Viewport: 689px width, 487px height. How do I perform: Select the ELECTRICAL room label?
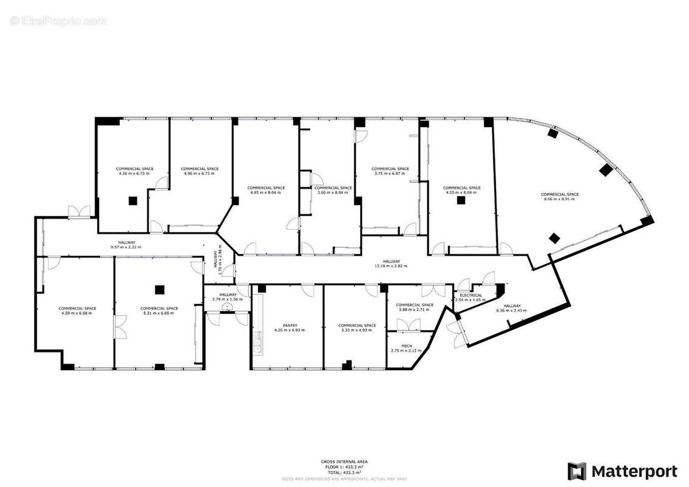click(x=471, y=295)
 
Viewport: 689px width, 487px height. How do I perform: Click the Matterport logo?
click(x=623, y=471)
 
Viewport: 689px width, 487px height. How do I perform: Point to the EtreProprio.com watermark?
click(x=58, y=21)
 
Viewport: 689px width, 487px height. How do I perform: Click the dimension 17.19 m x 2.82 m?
click(x=391, y=266)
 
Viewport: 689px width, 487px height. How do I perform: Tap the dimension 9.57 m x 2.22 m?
click(x=127, y=247)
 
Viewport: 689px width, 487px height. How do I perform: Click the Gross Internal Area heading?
click(x=344, y=462)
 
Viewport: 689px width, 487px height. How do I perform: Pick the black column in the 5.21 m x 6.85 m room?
click(x=159, y=289)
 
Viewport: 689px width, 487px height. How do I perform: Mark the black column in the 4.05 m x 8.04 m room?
click(x=461, y=201)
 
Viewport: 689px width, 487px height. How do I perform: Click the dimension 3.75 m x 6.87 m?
click(x=390, y=173)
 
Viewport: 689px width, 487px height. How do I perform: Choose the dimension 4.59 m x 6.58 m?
click(x=77, y=313)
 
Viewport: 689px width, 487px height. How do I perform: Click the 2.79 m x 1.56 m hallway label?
click(x=227, y=299)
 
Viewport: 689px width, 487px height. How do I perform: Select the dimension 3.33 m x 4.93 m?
click(x=357, y=330)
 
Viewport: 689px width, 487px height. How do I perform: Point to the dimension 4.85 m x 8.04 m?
click(x=266, y=192)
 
